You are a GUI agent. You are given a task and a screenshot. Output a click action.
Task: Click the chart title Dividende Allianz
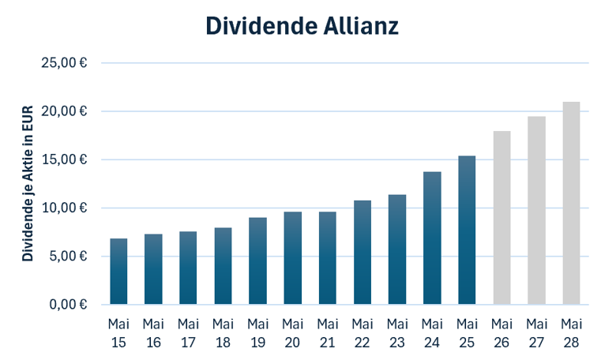(302, 26)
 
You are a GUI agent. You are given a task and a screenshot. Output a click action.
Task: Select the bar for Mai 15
(118, 272)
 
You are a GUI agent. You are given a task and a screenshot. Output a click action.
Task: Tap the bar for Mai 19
(257, 261)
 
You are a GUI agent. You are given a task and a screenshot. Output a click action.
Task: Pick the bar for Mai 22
(362, 253)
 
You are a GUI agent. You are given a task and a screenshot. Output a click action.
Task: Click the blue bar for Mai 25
(467, 231)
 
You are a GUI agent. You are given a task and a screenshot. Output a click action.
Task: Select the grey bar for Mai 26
(501, 218)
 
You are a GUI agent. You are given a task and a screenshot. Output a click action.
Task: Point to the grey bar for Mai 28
(571, 203)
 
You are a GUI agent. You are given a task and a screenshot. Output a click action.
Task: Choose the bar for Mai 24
(432, 238)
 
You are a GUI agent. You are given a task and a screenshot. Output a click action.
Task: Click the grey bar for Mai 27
(536, 210)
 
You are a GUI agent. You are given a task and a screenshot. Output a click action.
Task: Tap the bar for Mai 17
(188, 268)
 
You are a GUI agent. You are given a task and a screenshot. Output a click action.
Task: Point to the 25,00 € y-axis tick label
(64, 62)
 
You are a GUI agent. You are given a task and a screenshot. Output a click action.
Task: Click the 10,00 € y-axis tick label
(64, 208)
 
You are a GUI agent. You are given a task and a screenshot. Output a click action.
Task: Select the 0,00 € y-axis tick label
(68, 305)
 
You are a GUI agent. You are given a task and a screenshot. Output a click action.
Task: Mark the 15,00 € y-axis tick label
(64, 159)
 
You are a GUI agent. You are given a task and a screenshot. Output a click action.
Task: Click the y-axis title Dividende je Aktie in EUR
(28, 183)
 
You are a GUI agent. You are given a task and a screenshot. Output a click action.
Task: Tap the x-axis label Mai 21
(327, 333)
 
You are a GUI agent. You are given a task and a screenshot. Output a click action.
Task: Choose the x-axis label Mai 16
(153, 333)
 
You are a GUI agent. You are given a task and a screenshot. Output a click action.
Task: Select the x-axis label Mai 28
(571, 333)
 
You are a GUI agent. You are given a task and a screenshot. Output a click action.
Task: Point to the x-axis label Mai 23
(397, 333)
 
